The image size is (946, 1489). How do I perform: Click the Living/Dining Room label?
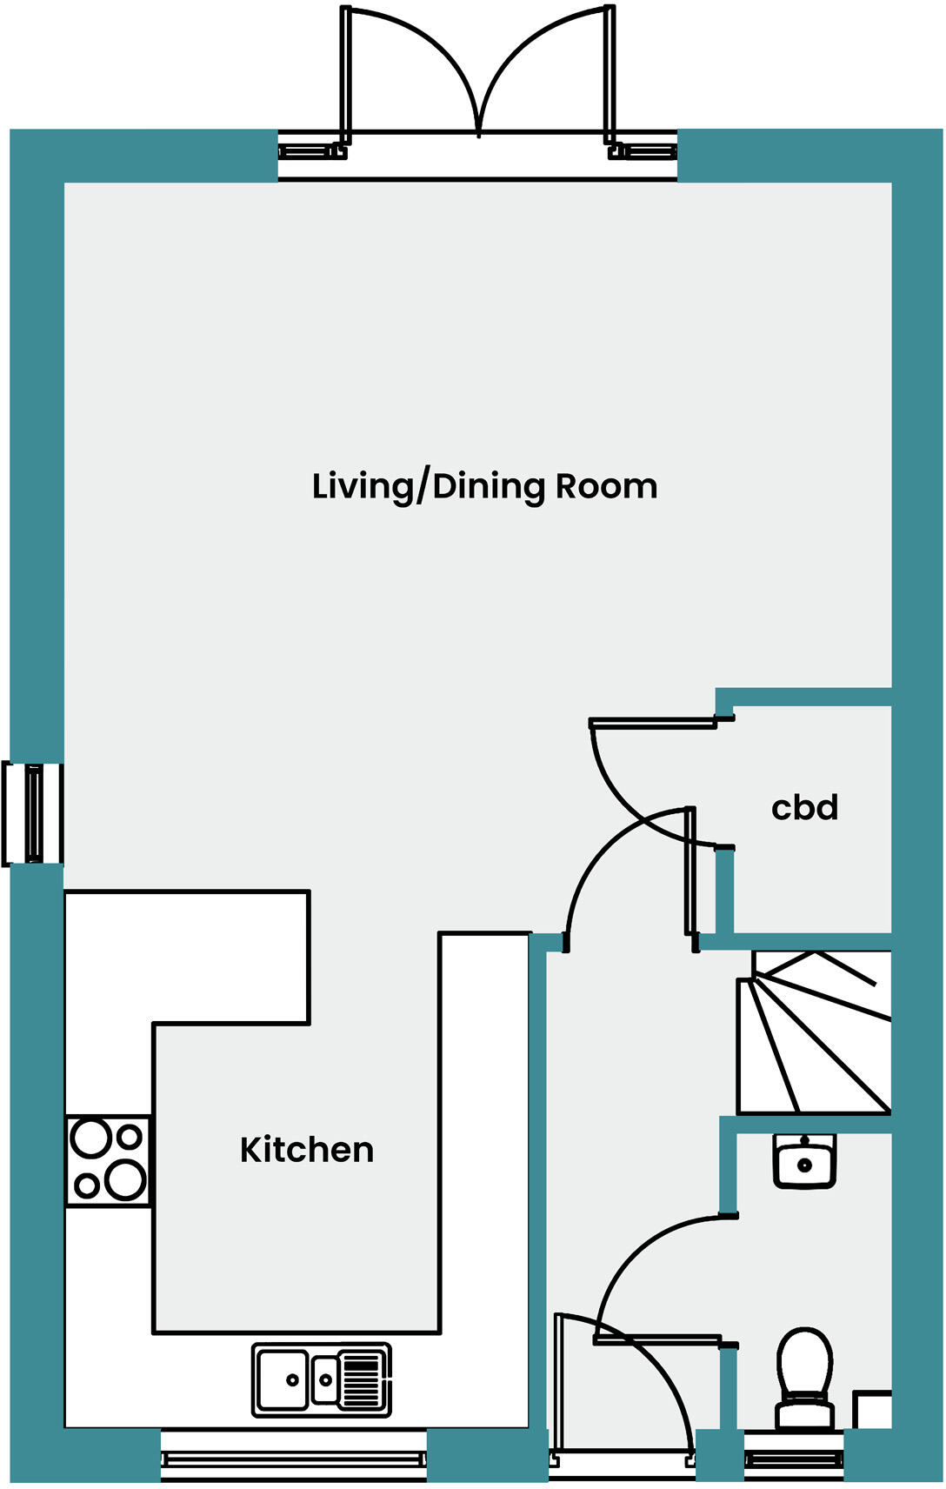484,486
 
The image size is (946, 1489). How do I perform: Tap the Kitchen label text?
307,1150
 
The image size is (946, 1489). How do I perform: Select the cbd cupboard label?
804,808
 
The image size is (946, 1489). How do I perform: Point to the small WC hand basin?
804,1160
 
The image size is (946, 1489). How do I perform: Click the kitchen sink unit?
321,1379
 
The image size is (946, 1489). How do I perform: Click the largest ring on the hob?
127,1179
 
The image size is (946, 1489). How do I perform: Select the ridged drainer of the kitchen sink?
363,1379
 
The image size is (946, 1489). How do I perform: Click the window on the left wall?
33,813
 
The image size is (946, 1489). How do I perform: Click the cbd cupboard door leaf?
652,723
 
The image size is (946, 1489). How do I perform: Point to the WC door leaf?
657,1340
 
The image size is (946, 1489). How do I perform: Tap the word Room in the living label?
607,486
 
